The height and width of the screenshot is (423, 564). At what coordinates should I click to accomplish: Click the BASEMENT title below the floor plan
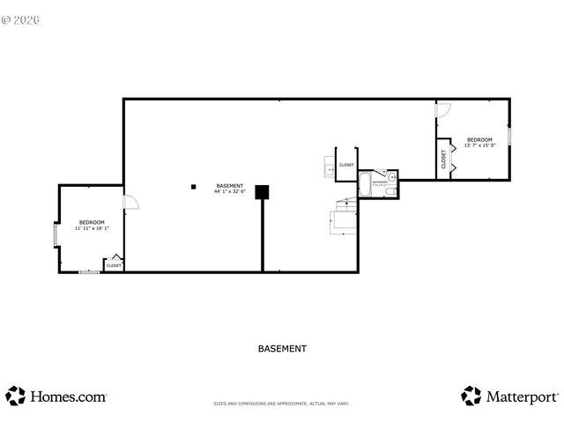[282, 348]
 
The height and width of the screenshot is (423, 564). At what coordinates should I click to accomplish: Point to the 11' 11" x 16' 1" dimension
[92, 228]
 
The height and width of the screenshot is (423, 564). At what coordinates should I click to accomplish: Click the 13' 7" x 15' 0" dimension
[479, 145]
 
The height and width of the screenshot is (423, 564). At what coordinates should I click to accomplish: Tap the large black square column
[262, 192]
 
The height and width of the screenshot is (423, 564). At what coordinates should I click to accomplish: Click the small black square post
[192, 186]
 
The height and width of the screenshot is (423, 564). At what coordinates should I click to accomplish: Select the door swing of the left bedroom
[130, 202]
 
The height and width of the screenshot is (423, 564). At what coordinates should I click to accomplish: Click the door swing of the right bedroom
[444, 110]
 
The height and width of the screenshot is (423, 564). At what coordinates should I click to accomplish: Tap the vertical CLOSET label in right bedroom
[443, 159]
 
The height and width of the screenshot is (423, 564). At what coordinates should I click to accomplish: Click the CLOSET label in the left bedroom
[114, 265]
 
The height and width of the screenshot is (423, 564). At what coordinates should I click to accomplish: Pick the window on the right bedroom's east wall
[509, 137]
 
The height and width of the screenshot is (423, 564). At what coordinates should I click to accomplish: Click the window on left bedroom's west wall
[56, 235]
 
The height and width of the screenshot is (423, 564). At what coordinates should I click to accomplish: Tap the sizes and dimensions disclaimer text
[281, 404]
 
